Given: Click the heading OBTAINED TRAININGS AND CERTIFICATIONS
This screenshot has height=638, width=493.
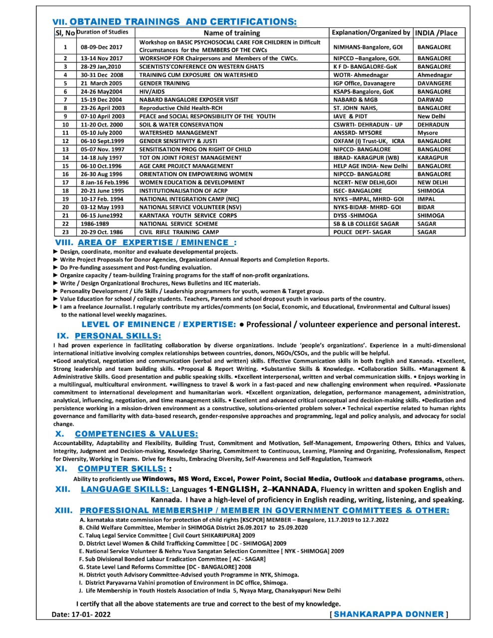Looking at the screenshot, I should point(182,21).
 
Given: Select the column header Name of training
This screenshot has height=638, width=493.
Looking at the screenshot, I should point(232,33).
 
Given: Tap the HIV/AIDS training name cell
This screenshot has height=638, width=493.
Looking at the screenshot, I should point(152,92).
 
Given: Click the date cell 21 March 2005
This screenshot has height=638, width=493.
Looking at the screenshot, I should point(101,83).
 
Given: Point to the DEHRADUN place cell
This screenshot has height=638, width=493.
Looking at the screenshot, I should point(433,125).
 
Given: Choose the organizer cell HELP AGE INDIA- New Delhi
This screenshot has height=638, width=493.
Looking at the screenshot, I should point(370,166).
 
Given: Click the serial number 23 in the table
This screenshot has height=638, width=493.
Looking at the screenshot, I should point(65,232).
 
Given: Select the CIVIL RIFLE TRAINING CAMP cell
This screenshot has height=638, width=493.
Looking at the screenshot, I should point(179,232).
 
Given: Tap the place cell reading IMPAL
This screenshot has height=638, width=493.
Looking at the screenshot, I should point(426,199).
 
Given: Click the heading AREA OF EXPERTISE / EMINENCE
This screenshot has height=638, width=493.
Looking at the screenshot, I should point(157,243).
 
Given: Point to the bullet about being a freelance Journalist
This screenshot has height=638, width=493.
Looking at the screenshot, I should point(254,307).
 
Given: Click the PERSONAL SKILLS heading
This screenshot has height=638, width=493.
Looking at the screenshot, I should point(118,336).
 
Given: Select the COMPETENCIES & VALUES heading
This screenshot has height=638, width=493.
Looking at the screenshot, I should point(136,434).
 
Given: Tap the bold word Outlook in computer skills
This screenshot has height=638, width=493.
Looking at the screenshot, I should point(347,479).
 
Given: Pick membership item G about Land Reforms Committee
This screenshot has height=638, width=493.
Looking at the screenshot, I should point(165,567).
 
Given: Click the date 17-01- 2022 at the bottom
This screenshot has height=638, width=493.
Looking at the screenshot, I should point(89,615).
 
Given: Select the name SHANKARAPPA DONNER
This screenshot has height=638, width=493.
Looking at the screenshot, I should point(389,615).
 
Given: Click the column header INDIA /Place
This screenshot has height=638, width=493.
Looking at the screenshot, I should point(436,33).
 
